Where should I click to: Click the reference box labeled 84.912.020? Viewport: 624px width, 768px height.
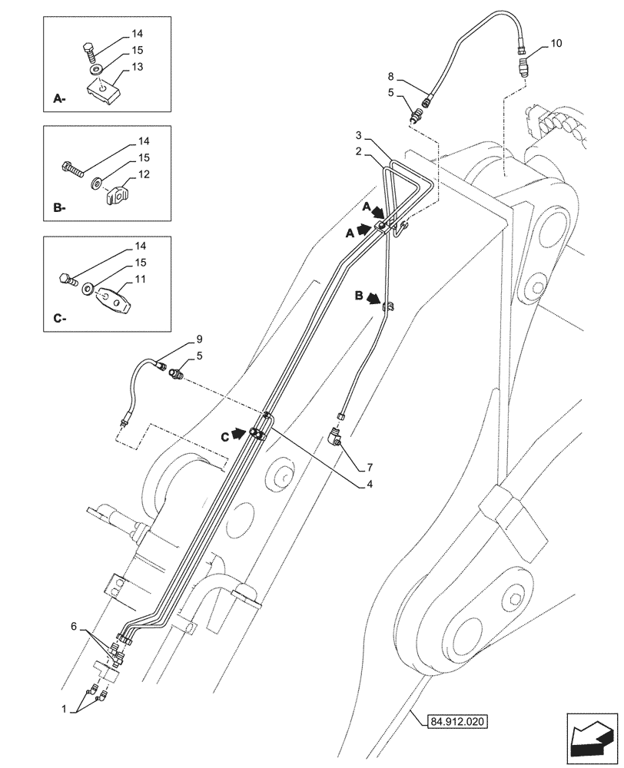(459, 721)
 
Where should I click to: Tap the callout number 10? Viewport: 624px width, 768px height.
(556, 44)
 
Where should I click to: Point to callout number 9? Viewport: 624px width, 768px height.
(198, 339)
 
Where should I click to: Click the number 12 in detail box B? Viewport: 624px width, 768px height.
(143, 175)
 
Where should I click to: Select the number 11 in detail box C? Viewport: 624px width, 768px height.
(140, 281)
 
